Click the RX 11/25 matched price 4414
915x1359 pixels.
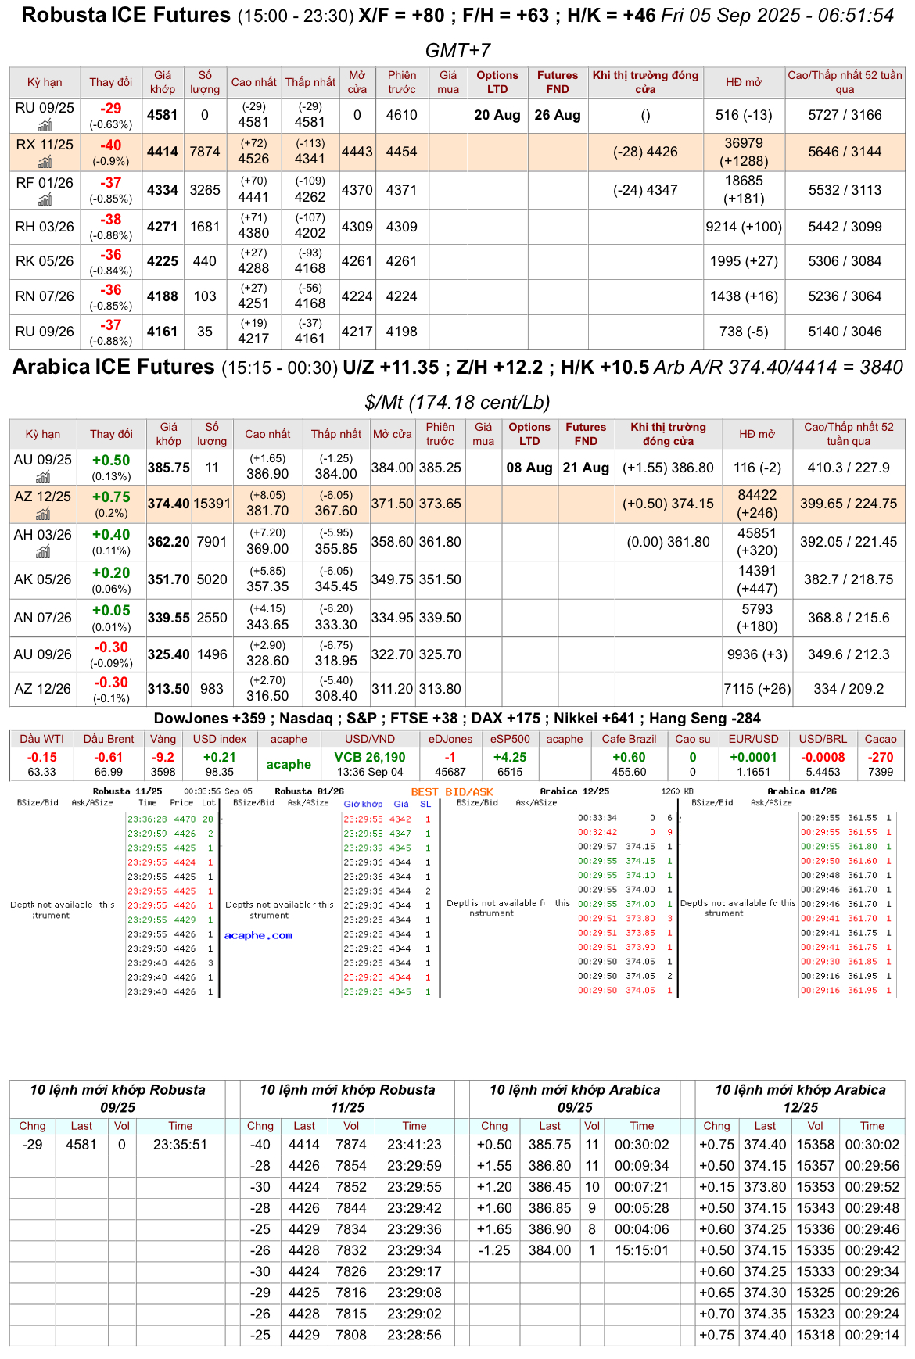click(x=163, y=152)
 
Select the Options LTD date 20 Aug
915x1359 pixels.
click(x=497, y=115)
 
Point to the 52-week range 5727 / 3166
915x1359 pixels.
click(x=845, y=115)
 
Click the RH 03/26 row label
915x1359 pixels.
click(x=45, y=227)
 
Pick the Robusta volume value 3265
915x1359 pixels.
click(x=205, y=190)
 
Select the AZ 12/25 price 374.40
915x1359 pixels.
click(x=169, y=504)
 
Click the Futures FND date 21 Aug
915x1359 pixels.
click(x=586, y=468)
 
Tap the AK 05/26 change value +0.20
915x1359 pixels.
click(x=111, y=573)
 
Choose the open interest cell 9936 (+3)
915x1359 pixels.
click(x=757, y=654)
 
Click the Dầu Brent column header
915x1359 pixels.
click(x=109, y=739)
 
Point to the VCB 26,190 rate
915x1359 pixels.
click(x=370, y=757)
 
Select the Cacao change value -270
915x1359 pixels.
click(x=881, y=757)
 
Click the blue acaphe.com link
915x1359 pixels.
click(x=258, y=935)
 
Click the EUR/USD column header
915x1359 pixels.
click(x=754, y=739)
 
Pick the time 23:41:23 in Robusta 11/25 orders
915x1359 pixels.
click(x=414, y=1145)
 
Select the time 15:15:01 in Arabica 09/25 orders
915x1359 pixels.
click(x=642, y=1250)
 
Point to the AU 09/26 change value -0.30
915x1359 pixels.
click(x=111, y=647)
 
